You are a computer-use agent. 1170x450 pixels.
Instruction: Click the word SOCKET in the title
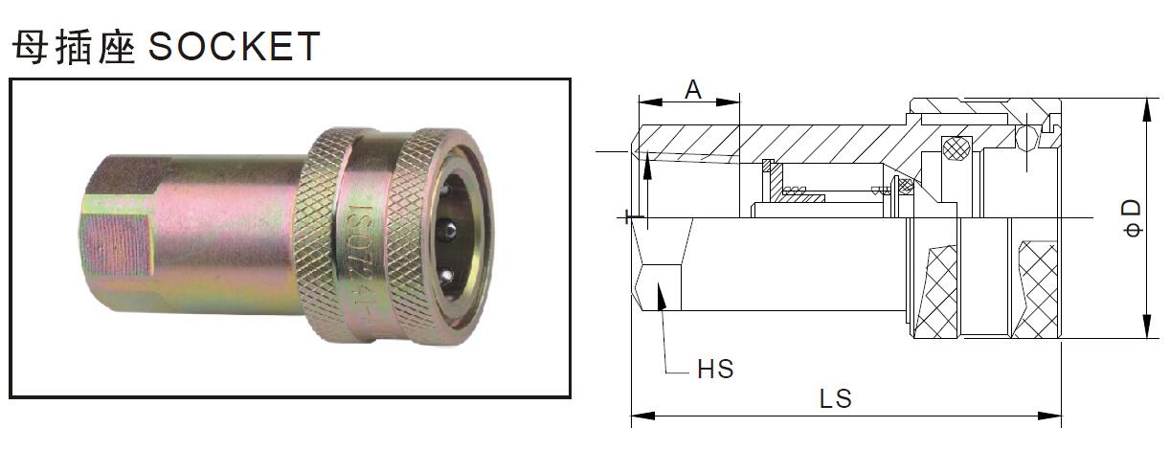[x=234, y=46]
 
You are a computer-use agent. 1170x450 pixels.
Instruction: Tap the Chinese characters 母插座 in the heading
[x=73, y=46]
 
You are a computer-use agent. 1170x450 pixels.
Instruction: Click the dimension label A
[x=693, y=89]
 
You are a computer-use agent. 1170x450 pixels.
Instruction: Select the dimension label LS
[x=835, y=398]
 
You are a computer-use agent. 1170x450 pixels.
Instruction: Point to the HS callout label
[x=714, y=368]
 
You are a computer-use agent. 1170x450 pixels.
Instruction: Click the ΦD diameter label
[x=1133, y=218]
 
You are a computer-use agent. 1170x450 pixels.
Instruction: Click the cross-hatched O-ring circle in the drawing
[x=955, y=148]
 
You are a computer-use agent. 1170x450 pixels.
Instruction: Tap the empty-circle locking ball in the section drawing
[x=1025, y=139]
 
